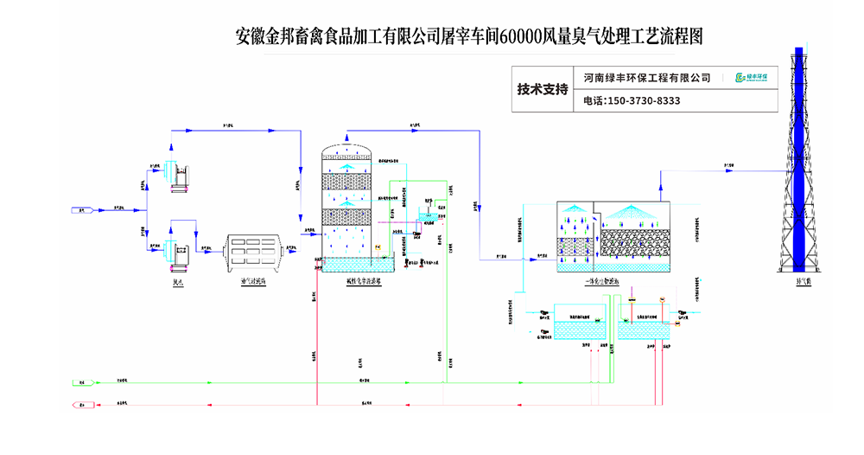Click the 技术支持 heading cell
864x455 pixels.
[x=543, y=89]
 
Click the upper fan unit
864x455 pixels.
[x=176, y=171]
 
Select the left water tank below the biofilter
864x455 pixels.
[x=579, y=329]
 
